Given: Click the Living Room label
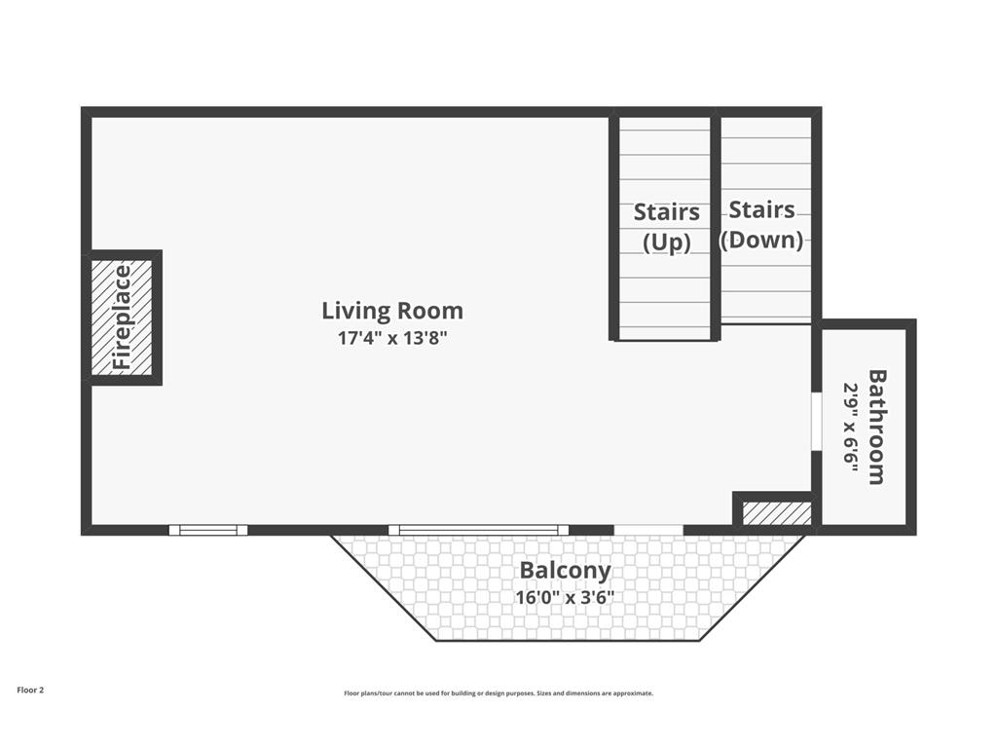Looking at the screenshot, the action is pyautogui.click(x=392, y=311).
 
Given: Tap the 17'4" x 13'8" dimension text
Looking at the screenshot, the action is pyautogui.click(x=392, y=338).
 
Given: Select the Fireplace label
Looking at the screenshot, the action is pyautogui.click(x=122, y=318).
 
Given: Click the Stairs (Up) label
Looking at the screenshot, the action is pyautogui.click(x=666, y=226).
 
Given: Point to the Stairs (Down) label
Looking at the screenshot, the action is pyautogui.click(x=761, y=225).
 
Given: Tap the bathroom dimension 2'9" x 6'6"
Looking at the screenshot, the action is pyautogui.click(x=851, y=427).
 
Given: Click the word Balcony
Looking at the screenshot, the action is pyautogui.click(x=566, y=571).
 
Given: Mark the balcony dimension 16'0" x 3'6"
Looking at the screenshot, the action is pyautogui.click(x=565, y=598).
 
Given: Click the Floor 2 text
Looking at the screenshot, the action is pyautogui.click(x=30, y=691).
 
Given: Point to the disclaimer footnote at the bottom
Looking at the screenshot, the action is pyautogui.click(x=498, y=693).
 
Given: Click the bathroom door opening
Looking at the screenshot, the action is pyautogui.click(x=817, y=422).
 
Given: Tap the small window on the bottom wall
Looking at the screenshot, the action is pyautogui.click(x=208, y=530).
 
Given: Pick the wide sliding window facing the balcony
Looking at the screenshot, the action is pyautogui.click(x=478, y=530).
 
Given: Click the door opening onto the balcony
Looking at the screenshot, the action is pyautogui.click(x=648, y=530).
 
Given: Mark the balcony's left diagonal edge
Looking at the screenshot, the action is pyautogui.click(x=384, y=587).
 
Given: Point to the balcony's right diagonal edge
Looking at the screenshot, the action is pyautogui.click(x=754, y=587).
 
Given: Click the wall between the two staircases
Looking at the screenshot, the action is pyautogui.click(x=716, y=225).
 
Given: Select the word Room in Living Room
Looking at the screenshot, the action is pyautogui.click(x=429, y=311).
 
